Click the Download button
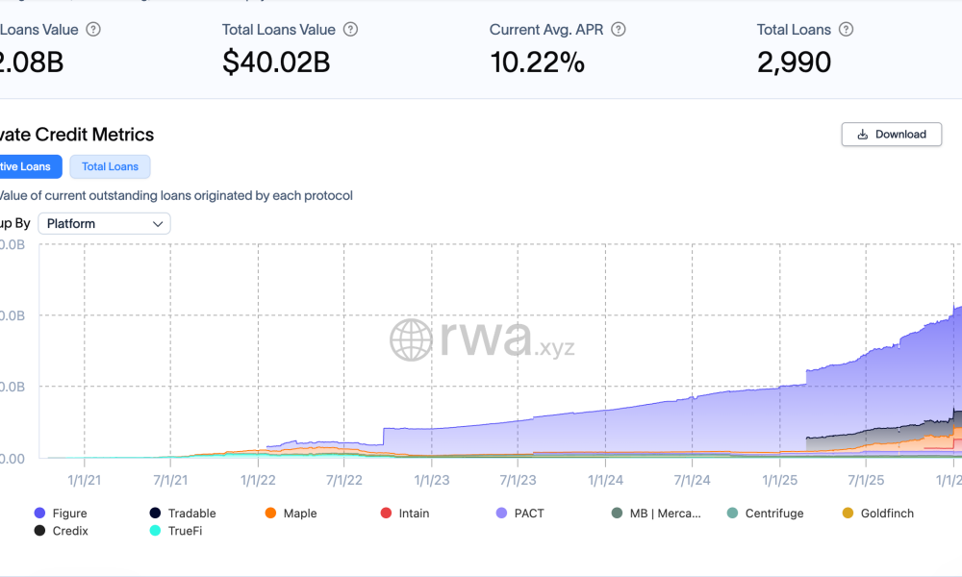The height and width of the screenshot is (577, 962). pyautogui.click(x=891, y=135)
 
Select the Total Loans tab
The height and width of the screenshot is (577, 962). pyautogui.click(x=110, y=166)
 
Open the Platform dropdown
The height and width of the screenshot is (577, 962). pyautogui.click(x=104, y=224)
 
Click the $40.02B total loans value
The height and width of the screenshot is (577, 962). pyautogui.click(x=276, y=63)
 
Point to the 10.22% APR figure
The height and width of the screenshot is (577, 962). pyautogui.click(x=537, y=63)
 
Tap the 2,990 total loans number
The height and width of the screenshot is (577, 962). pyautogui.click(x=794, y=63)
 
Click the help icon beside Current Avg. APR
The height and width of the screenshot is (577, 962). pyautogui.click(x=619, y=30)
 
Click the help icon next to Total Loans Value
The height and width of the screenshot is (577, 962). pyautogui.click(x=351, y=30)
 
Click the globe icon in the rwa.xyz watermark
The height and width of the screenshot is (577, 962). pyautogui.click(x=411, y=340)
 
